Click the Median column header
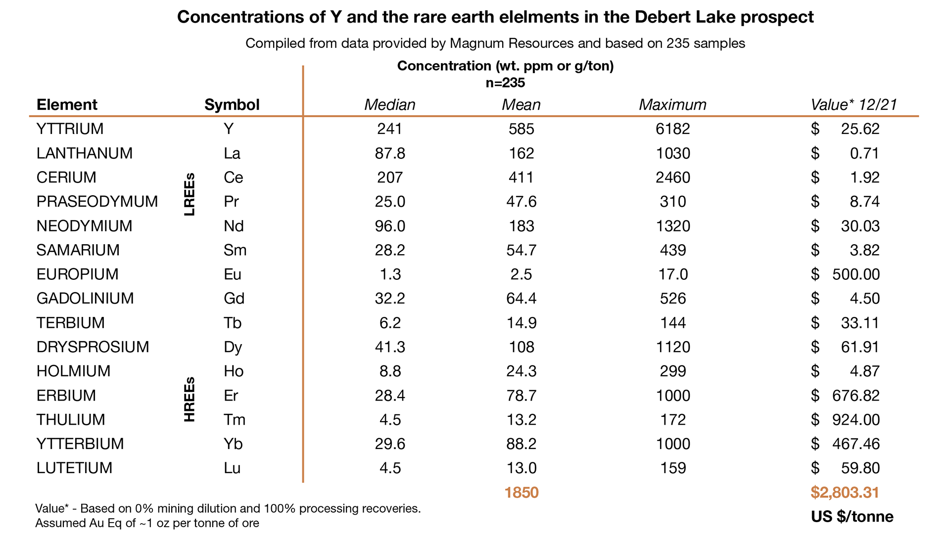pos(389,105)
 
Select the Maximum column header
pos(672,105)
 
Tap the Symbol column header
pos(232,105)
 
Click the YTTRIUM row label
pos(70,129)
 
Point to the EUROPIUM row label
pos(77,274)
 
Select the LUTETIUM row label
pos(74,468)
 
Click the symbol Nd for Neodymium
pos(234,226)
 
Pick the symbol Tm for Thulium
pos(234,420)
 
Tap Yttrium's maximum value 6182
pos(672,129)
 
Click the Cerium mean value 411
pos(521,178)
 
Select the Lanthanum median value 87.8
pos(390,153)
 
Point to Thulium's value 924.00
pos(855,420)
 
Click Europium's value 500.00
pos(855,274)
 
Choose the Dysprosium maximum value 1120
pos(672,347)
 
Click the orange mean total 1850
pos(521,492)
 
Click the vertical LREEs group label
pos(190,194)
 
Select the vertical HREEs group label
pos(190,400)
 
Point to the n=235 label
pos(505,83)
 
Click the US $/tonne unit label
pos(852,517)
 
